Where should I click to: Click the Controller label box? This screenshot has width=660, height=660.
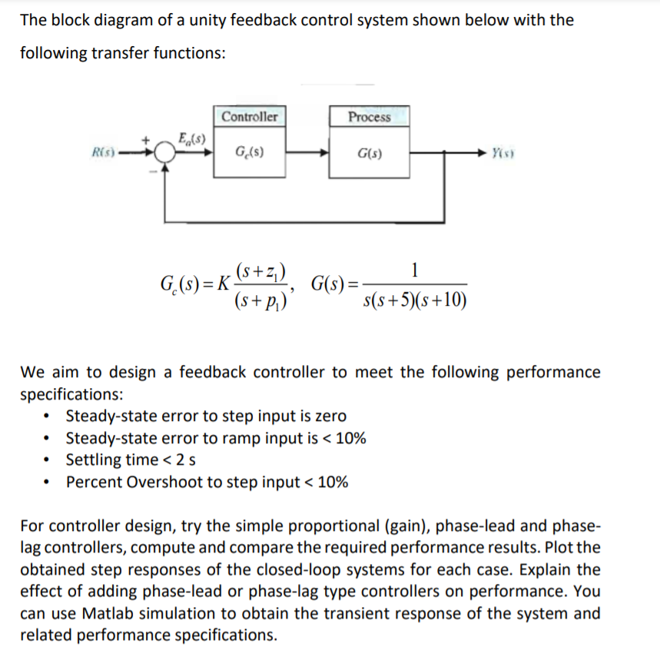coord(250,117)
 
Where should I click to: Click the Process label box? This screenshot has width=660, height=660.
coord(369,117)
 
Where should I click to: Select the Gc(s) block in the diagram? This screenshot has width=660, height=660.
coord(250,152)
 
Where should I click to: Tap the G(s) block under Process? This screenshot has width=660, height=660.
coord(370,152)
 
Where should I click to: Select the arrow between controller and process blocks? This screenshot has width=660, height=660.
coord(308,152)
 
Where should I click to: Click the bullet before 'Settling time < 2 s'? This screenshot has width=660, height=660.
coord(50,461)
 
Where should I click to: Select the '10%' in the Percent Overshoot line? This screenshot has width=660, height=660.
coord(331,483)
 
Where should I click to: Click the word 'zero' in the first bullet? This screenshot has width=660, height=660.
coord(330,416)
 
